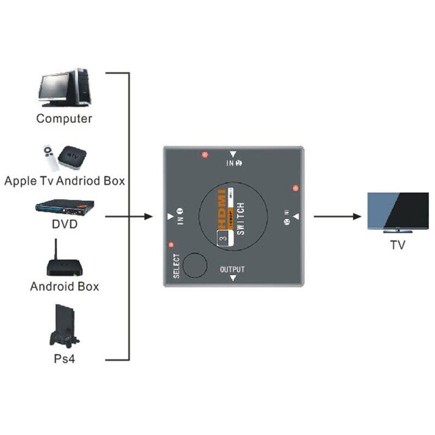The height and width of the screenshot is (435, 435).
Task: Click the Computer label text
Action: click(x=64, y=119)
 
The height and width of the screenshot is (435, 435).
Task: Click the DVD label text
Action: click(x=64, y=224)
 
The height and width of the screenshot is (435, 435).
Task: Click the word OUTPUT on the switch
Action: click(x=232, y=269)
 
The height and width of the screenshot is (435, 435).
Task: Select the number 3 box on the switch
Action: click(x=222, y=238)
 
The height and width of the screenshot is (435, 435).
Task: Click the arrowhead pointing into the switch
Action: click(x=148, y=216)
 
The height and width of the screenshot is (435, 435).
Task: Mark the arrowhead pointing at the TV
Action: click(x=358, y=216)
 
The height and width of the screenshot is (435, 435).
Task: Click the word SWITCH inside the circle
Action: click(x=241, y=217)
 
